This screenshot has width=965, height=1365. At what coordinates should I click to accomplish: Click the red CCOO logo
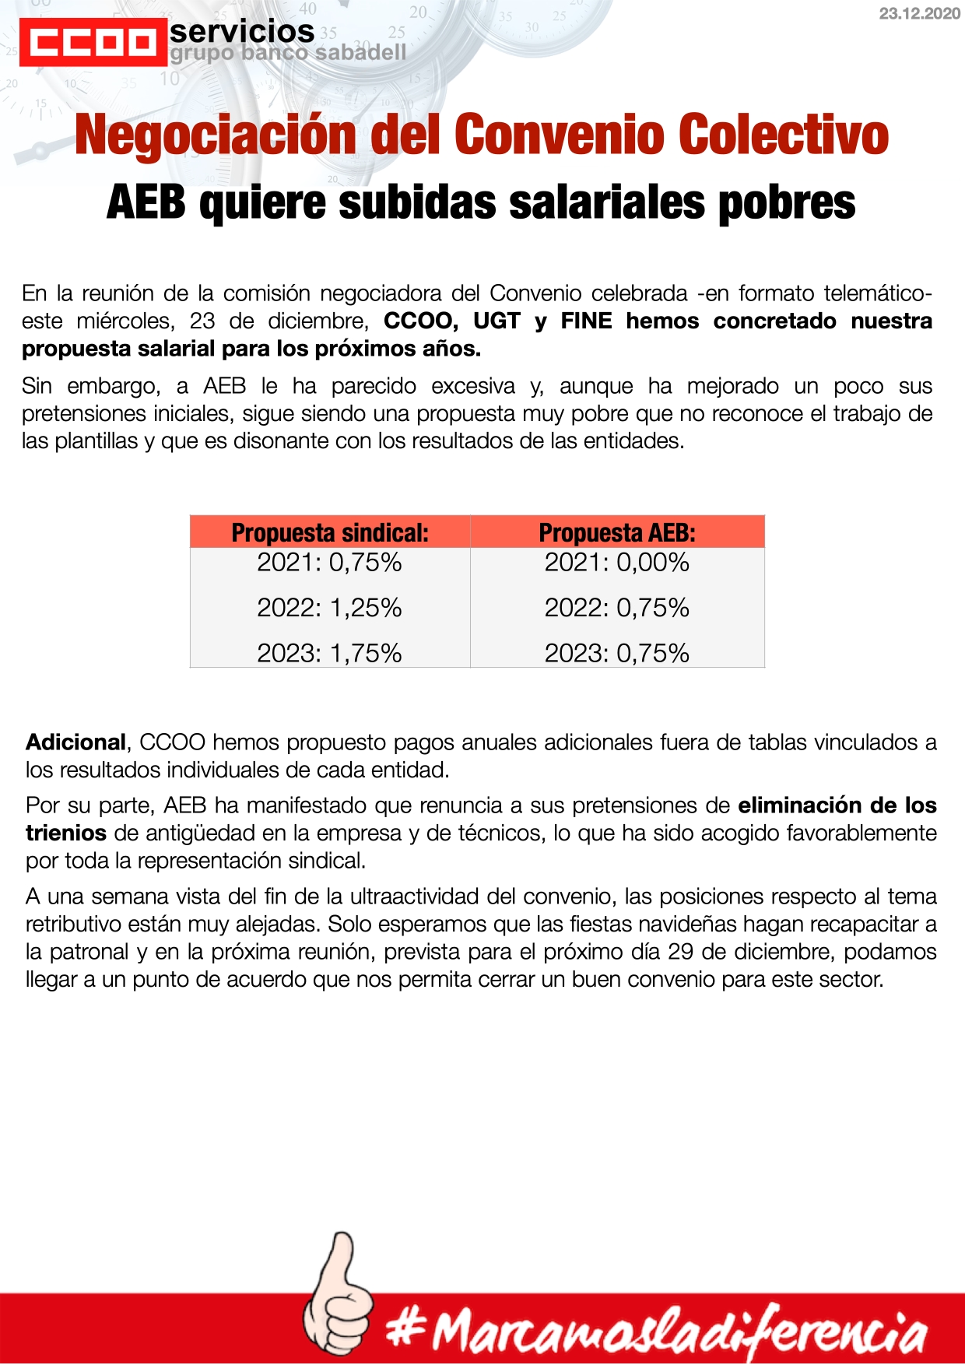point(93,43)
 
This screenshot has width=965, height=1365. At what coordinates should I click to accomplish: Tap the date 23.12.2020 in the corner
point(919,14)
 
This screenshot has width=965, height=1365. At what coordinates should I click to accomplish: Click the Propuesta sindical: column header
point(330,532)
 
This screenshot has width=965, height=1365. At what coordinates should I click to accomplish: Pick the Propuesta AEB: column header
point(617,532)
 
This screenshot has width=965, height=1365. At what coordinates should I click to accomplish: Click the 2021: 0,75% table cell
point(330,562)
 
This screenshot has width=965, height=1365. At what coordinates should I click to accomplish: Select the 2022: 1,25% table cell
point(330,607)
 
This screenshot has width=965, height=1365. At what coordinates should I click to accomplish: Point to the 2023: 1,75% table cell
point(330,652)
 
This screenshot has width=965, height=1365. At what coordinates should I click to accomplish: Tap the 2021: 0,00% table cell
point(617,562)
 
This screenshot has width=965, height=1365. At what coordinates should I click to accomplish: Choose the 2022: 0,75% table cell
point(617,607)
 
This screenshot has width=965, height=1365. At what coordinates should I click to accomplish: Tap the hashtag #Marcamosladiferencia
point(658,1332)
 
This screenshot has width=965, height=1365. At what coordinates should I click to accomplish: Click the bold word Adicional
point(75,742)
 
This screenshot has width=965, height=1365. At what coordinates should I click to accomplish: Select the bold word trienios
point(66,833)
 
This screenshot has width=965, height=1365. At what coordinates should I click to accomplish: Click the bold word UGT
point(496,321)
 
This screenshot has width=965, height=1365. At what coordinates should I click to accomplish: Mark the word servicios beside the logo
point(242,32)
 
